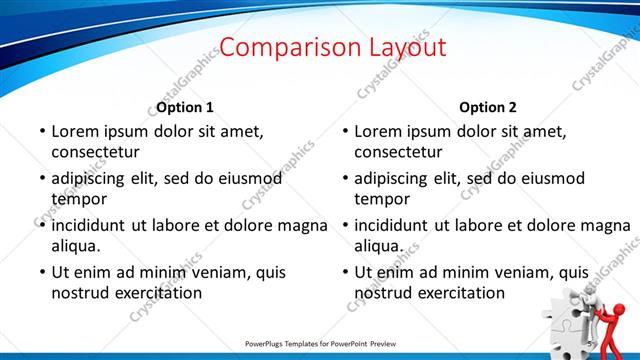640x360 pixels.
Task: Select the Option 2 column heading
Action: click(x=489, y=107)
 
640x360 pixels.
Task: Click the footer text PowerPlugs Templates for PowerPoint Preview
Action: click(x=320, y=343)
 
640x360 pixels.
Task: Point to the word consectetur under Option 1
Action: click(x=95, y=152)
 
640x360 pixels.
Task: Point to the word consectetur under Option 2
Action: click(x=398, y=152)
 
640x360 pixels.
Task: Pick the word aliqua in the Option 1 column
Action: click(x=76, y=246)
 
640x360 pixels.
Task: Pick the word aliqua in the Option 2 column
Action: click(x=379, y=246)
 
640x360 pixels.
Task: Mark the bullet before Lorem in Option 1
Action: click(x=41, y=131)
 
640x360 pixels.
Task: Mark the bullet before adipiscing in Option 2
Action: click(x=344, y=178)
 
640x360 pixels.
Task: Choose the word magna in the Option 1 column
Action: click(x=303, y=225)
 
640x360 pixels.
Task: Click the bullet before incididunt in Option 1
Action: click(x=41, y=225)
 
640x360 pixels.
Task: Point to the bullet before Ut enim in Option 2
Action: click(x=344, y=272)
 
